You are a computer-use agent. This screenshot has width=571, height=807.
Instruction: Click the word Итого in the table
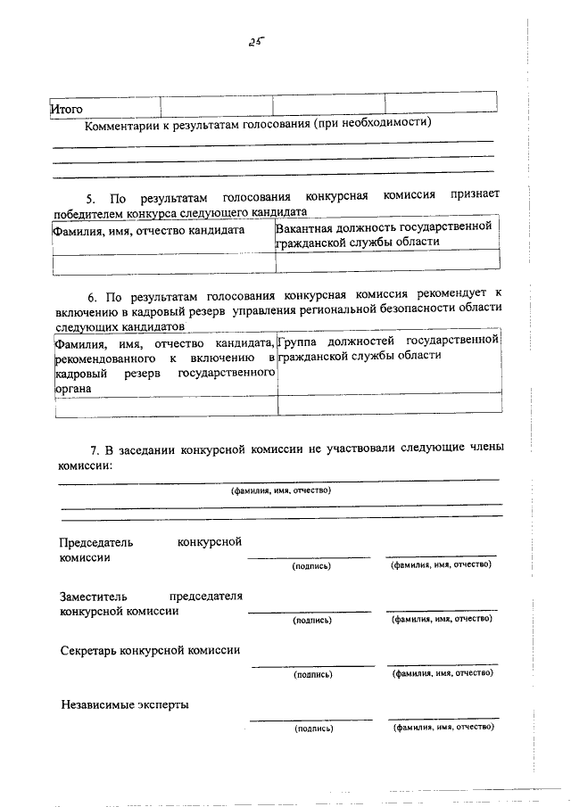point(67,109)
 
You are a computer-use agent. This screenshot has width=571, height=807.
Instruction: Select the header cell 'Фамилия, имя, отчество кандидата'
point(148,229)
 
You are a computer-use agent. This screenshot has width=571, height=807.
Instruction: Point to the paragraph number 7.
point(90,450)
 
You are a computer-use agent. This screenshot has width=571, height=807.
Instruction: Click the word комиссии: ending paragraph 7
point(85,465)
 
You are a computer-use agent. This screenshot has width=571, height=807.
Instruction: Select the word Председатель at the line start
point(95,542)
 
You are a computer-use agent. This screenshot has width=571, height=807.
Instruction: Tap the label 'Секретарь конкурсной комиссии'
point(150,650)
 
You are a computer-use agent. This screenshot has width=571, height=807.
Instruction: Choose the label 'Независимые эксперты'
point(124,704)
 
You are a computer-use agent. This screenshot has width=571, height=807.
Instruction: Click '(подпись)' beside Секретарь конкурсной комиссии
point(311,675)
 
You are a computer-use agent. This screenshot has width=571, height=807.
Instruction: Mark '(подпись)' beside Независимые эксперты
point(311,729)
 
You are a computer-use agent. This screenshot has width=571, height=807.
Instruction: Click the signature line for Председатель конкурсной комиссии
point(308,557)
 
